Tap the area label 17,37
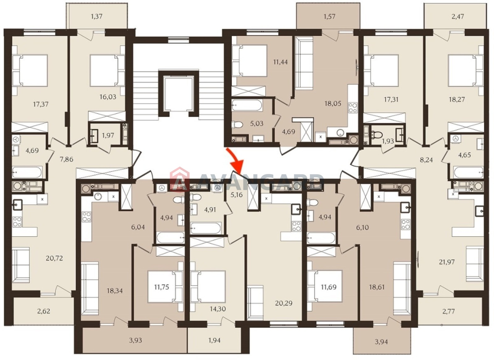[40, 104]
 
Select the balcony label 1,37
[97, 16]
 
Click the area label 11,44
[280, 62]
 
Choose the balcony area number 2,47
[458, 17]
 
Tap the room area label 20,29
[284, 303]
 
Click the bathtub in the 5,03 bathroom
[247, 105]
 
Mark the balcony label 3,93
[136, 340]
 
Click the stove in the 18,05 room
[353, 108]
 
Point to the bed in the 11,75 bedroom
[165, 286]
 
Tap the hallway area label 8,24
[426, 160]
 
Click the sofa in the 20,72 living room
[20, 265]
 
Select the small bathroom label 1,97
[108, 135]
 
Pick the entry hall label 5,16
[237, 195]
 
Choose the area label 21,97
[446, 262]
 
